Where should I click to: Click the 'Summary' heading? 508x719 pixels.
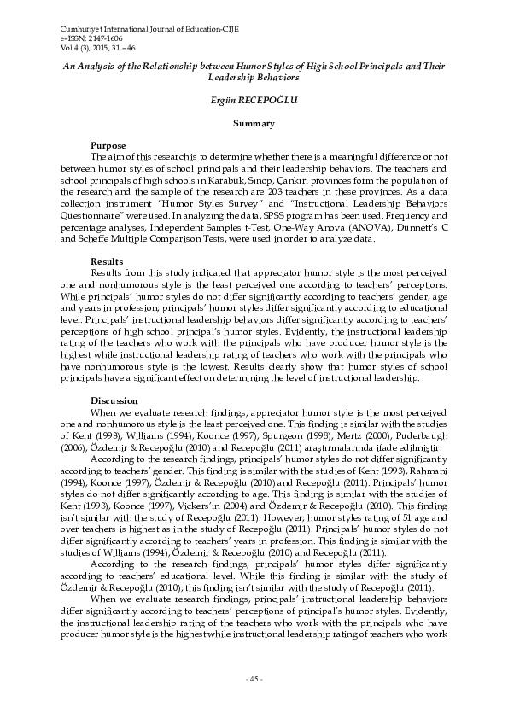254,124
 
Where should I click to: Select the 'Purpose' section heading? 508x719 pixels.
108,146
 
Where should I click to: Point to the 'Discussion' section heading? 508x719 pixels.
114,400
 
